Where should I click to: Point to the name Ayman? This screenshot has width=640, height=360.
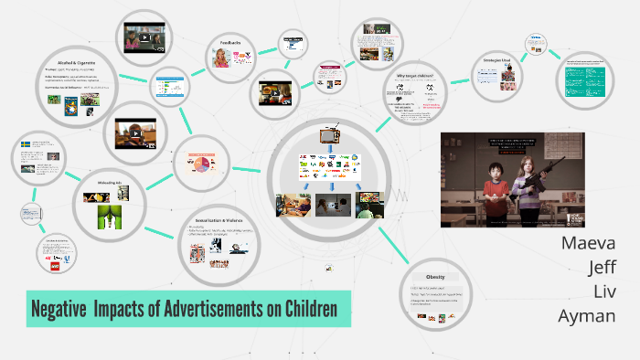click(587, 316)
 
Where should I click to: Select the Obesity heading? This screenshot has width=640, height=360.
click(435, 277)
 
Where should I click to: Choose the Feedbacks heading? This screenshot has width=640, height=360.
click(229, 42)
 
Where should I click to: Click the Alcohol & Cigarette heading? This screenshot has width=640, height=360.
click(70, 60)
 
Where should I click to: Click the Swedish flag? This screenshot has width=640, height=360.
click(25, 143)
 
